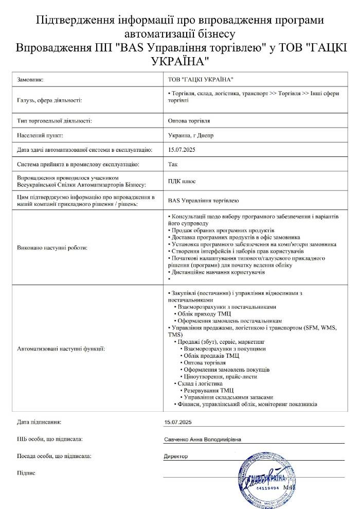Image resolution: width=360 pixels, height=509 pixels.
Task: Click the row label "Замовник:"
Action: tap(31, 80)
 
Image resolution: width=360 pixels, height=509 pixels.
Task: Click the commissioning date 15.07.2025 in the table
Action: tap(179, 150)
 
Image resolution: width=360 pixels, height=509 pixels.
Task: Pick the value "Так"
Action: tap(172, 165)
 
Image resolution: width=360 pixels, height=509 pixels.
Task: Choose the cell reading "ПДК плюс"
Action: tap(182, 181)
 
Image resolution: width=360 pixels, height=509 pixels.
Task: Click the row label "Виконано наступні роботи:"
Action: tap(52, 248)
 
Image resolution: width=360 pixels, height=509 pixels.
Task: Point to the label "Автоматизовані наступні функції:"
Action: tap(61, 349)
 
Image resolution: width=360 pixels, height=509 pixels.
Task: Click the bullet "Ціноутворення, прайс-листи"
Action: tap(220, 376)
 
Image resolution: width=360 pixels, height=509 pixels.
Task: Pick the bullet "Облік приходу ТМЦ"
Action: tap(205, 313)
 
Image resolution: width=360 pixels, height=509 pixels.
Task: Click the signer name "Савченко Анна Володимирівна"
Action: tap(203, 440)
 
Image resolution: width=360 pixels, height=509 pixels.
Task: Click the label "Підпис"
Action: tap(26, 472)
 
